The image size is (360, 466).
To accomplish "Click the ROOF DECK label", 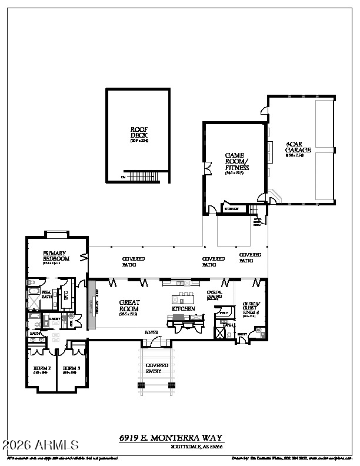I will pyautogui.click(x=139, y=133).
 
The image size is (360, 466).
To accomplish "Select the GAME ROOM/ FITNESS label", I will pyautogui.click(x=237, y=163).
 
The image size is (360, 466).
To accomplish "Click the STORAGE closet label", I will pyautogui.click(x=231, y=209).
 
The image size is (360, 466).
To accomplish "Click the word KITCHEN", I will pyautogui.click(x=183, y=309).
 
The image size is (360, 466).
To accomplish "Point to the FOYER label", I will pyautogui.click(x=152, y=333).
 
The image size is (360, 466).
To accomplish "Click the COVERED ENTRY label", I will pyautogui.click(x=157, y=368).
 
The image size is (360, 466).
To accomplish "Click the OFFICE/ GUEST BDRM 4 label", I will pyautogui.click(x=251, y=308).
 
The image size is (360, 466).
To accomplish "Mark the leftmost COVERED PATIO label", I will pyautogui.click(x=133, y=262).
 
